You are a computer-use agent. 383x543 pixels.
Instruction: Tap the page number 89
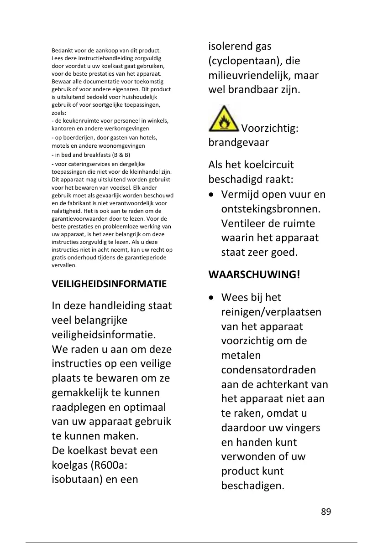pos(325,511)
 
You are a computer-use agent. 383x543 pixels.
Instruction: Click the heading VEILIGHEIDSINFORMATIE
pos(110,284)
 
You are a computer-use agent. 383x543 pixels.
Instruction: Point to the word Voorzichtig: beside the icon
pos(270,128)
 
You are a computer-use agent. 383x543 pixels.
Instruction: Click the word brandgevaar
pos(239,142)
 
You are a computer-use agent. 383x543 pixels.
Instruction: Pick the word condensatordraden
pos(268,370)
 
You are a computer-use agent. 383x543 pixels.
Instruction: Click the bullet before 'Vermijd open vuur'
pos(211,195)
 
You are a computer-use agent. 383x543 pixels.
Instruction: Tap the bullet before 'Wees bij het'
pos(211,298)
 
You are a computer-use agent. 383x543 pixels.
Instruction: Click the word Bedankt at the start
pos(61,51)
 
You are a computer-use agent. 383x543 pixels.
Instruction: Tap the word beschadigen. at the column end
pos(252,486)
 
